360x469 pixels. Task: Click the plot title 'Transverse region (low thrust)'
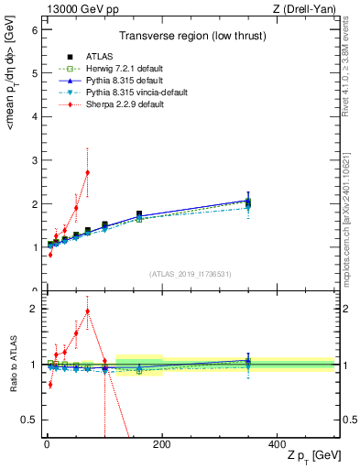click(x=190, y=38)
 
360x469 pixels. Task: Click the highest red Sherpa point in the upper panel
click(x=87, y=172)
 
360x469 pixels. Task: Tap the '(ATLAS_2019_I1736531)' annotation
click(x=190, y=274)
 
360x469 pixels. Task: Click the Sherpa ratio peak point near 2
click(x=87, y=311)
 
